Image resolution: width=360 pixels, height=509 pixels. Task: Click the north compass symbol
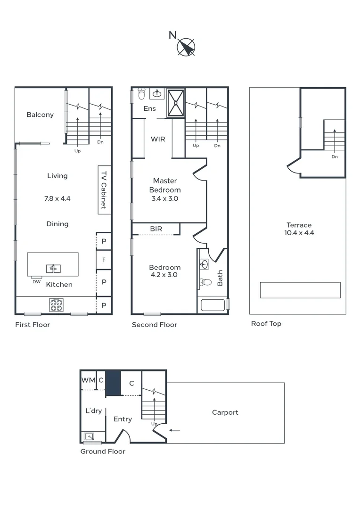tap(186, 47)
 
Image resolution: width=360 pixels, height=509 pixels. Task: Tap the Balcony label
tap(40, 115)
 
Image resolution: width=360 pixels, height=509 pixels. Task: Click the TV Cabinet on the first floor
tap(104, 189)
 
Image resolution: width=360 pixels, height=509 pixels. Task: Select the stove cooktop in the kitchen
tap(57, 305)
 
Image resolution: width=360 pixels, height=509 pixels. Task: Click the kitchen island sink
tap(53, 269)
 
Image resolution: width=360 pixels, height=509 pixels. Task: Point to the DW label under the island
tap(36, 282)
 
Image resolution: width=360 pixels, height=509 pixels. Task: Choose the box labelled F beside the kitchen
tap(104, 259)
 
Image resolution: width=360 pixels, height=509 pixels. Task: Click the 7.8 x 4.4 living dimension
tap(57, 198)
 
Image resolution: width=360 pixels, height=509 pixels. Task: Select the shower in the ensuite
tap(175, 102)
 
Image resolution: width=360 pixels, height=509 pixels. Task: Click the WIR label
tap(158, 139)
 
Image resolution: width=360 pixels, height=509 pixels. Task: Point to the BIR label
tap(156, 229)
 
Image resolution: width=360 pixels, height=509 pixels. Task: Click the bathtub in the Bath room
tap(213, 304)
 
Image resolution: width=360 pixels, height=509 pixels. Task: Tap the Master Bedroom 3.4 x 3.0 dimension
tap(165, 198)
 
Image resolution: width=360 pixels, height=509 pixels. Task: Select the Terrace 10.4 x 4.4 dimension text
tap(300, 232)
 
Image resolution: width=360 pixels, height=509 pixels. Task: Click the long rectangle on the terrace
tap(300, 290)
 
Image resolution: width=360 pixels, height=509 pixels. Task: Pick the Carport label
tap(225, 412)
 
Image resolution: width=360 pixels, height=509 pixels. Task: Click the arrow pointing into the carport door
tap(175, 430)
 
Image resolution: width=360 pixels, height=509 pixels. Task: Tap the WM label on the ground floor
tap(88, 380)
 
